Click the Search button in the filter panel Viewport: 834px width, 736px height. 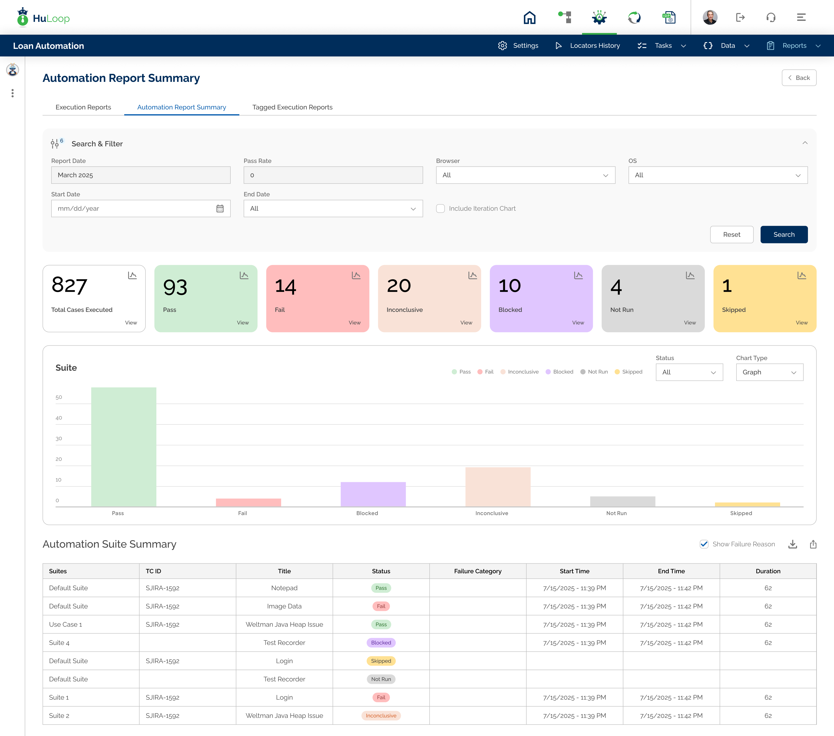(784, 235)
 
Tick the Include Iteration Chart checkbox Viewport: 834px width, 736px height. (440, 208)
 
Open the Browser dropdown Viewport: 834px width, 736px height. (526, 175)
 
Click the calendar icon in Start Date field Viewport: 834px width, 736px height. (220, 208)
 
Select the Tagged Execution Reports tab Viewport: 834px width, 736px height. (292, 107)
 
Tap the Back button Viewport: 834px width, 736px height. (799, 78)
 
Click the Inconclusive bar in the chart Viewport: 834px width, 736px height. (498, 487)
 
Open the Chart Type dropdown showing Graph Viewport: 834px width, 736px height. (769, 372)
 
